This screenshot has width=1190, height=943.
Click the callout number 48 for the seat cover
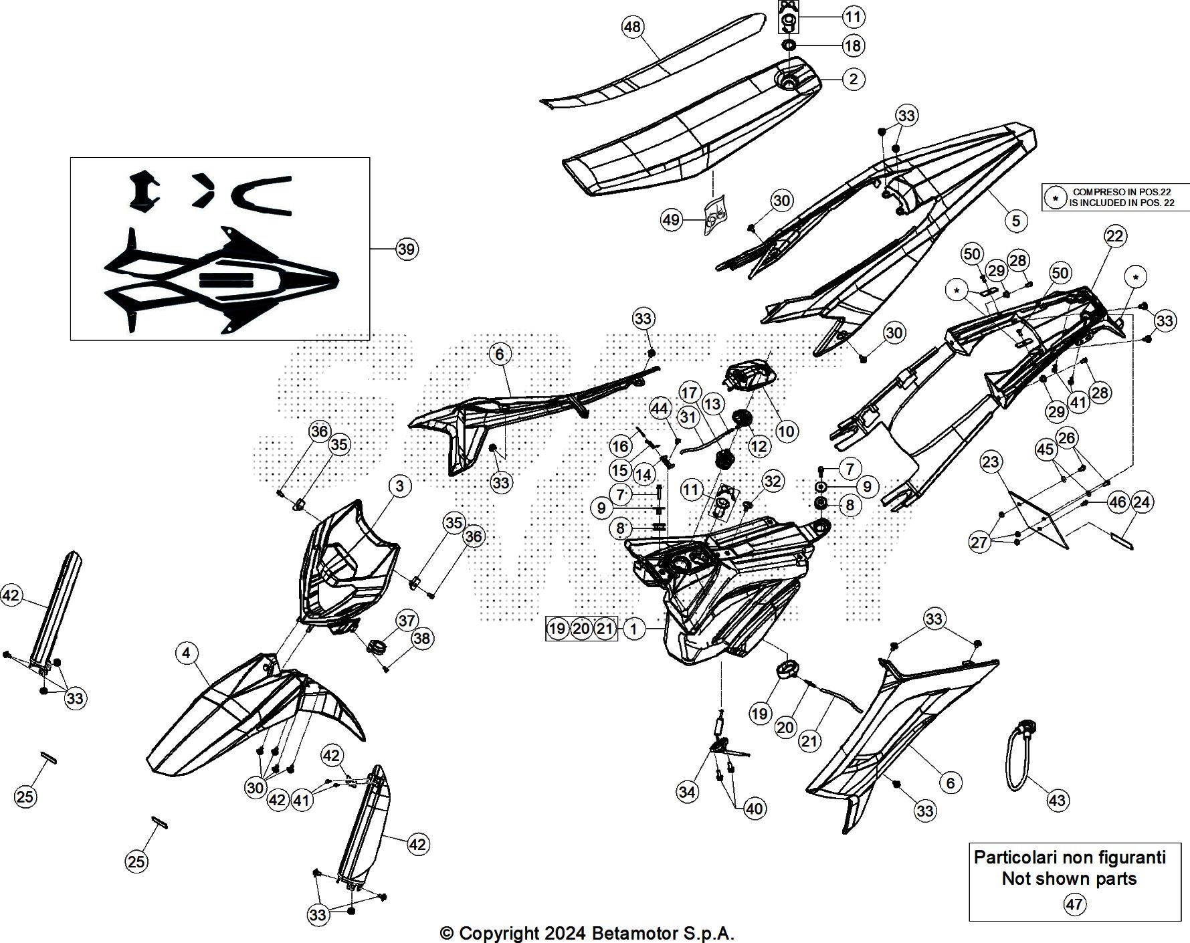(632, 27)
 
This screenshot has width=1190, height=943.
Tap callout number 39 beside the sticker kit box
(406, 249)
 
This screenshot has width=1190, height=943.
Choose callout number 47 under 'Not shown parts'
(1074, 905)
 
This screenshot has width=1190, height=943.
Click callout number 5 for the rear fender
(1015, 221)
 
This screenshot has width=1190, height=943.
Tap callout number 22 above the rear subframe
(1115, 235)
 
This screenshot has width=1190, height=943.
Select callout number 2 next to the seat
(853, 79)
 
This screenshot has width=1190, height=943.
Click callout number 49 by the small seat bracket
(671, 219)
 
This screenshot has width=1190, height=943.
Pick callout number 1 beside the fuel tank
(633, 629)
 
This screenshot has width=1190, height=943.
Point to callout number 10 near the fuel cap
(786, 431)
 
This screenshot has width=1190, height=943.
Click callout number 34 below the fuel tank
(687, 792)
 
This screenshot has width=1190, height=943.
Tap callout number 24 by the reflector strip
(1141, 502)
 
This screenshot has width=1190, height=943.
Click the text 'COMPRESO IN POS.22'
(1122, 192)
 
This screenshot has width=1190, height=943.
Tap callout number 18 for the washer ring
(853, 45)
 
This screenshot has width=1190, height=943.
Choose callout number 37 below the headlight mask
(407, 621)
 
